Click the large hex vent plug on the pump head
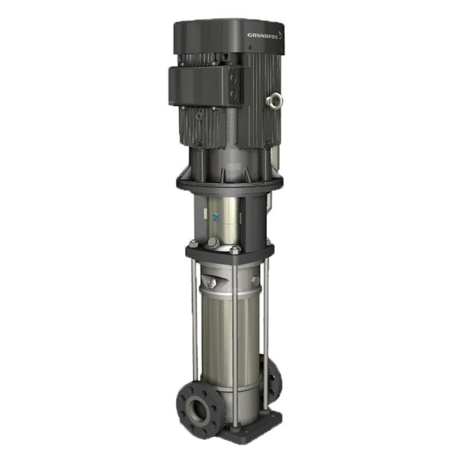tap(214, 243)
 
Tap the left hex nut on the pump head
tap(194, 246)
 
